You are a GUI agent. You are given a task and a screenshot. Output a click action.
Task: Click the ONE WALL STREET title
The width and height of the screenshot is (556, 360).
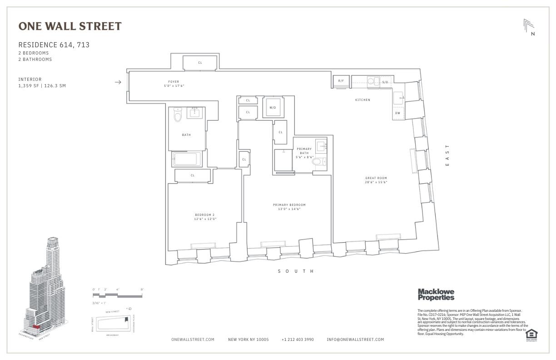click(70, 26)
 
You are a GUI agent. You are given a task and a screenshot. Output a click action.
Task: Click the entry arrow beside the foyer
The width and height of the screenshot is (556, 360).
click(118, 82)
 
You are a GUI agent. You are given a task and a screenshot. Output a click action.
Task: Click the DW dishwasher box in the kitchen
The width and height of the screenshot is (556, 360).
click(397, 113)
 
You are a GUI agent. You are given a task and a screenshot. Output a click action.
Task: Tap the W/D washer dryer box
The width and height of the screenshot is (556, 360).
click(273, 107)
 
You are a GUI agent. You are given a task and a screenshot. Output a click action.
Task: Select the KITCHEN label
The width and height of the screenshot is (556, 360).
click(362, 100)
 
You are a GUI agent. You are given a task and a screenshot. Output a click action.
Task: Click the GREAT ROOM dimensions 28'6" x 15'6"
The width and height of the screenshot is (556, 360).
click(376, 182)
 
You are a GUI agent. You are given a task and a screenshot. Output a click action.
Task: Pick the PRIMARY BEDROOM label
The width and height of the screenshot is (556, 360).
click(289, 205)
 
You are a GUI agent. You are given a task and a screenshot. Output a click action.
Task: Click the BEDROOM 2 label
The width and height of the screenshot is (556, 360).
click(205, 215)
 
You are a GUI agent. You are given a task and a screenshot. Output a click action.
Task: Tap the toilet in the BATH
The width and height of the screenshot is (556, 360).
click(178, 116)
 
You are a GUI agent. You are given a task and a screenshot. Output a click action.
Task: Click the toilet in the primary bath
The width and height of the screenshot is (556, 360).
click(317, 161)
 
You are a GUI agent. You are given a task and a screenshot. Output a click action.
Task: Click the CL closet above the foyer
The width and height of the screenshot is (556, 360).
click(200, 63)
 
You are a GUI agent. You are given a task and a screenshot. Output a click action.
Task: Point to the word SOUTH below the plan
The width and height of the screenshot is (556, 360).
click(296, 271)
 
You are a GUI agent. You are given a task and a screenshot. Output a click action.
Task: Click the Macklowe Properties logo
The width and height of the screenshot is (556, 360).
click(436, 295)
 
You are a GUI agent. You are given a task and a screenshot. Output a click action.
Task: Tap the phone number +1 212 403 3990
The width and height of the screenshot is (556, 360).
click(297, 340)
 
